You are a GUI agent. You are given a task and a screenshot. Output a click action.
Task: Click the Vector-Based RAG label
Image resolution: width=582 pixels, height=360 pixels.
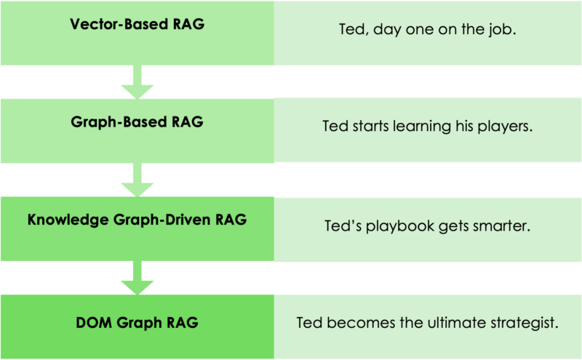137,24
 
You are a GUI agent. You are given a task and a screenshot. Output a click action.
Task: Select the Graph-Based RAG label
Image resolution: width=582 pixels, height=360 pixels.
137,122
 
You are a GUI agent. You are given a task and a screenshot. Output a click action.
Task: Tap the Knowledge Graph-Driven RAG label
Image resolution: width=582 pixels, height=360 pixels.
137,220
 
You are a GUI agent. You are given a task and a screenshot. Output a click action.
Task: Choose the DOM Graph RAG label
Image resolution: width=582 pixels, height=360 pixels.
137,322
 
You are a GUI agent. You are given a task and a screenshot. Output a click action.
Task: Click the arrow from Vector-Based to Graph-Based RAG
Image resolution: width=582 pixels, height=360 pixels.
137,82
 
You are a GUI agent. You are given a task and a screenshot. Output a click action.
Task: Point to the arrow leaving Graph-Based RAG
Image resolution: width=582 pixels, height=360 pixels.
137,180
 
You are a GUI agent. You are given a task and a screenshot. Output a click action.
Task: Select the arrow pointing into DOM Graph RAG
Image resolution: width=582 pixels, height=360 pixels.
137,278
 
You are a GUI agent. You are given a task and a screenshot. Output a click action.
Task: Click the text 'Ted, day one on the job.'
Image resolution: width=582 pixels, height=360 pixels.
427,29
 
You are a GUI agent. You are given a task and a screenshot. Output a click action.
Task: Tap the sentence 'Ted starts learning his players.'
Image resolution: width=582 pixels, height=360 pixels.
427,127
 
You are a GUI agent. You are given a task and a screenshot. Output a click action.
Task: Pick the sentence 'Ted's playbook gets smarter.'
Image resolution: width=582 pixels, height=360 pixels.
427,225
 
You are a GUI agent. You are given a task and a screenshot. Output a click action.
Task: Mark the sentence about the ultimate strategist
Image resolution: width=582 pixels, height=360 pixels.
427,322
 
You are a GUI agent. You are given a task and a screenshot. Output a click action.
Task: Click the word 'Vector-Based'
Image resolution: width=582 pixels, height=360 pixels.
119,24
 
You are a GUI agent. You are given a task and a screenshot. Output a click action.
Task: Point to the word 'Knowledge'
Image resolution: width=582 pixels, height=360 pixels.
68,220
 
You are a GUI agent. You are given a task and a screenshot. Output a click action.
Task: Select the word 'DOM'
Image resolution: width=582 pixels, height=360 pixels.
94,322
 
